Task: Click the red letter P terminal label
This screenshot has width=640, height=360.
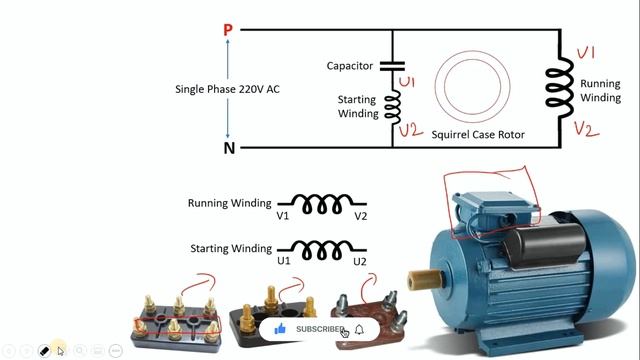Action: [228, 30]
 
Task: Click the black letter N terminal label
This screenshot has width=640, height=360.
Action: [229, 148]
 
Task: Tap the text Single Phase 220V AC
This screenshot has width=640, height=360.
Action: [227, 89]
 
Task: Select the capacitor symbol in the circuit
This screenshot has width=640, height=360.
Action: [391, 66]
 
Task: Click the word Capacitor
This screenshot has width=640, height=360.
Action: [350, 66]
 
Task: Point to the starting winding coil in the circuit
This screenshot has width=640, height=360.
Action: [392, 102]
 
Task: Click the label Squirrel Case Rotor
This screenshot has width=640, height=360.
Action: [478, 134]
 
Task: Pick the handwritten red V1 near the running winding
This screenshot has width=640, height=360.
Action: [587, 52]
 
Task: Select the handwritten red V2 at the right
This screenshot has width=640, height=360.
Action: [587, 128]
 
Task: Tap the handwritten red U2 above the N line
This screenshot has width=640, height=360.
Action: [409, 129]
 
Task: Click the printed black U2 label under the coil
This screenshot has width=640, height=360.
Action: [360, 261]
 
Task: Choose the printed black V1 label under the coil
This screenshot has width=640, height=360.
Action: [283, 216]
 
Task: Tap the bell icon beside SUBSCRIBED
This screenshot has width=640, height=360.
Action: [359, 329]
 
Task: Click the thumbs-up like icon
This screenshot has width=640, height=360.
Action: [280, 329]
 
